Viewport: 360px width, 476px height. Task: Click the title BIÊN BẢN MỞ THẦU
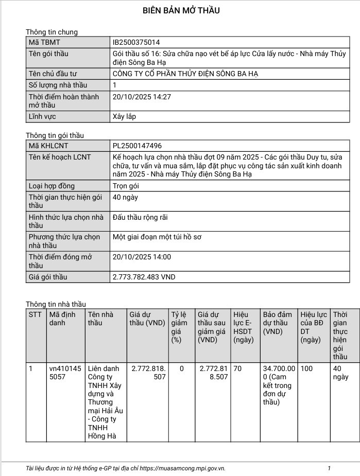[180, 11]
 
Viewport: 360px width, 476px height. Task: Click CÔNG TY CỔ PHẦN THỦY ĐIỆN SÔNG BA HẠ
[185, 74]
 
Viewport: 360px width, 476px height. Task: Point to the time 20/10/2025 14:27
[142, 96]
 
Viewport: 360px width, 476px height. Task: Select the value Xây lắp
[124, 116]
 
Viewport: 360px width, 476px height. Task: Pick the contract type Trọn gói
[126, 186]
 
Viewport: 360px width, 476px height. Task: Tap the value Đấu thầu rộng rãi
[140, 217]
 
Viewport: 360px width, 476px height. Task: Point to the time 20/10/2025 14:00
[142, 257]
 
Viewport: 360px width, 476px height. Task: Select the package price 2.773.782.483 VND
[144, 277]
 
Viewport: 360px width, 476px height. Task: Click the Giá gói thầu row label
[48, 277]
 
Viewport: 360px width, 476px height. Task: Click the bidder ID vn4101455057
[65, 373]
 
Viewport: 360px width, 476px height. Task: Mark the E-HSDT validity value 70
[237, 368]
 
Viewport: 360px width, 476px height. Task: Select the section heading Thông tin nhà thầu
[56, 304]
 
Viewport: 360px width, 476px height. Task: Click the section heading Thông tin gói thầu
[55, 135]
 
